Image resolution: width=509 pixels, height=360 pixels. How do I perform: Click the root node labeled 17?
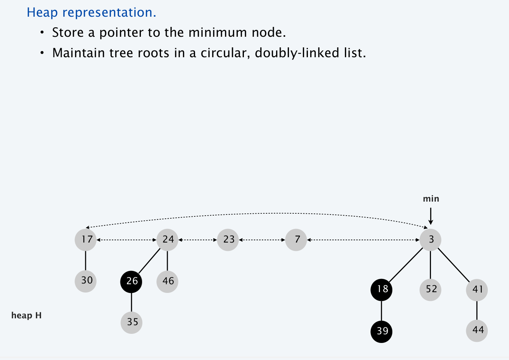[x=86, y=240]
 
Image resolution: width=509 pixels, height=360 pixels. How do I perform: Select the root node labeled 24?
[x=167, y=240]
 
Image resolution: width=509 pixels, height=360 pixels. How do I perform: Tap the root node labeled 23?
[x=228, y=240]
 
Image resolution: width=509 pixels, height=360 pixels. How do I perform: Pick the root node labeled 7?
[x=296, y=240]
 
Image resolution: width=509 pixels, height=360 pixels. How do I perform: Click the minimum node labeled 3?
[x=430, y=240]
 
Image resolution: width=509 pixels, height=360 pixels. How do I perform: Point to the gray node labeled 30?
[x=86, y=281]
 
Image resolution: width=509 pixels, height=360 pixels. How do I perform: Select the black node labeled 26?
[x=131, y=282]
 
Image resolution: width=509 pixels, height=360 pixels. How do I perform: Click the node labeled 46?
[x=167, y=282]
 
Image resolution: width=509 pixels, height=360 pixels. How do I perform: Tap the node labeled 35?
[x=131, y=323]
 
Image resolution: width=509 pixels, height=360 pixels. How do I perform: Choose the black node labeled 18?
[x=381, y=290]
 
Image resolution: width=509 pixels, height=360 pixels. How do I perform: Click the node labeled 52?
[x=430, y=290]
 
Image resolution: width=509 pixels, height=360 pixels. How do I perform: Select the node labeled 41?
[x=477, y=290]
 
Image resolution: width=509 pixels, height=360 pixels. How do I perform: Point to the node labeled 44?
[x=477, y=331]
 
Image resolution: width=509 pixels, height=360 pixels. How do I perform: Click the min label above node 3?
[x=431, y=199]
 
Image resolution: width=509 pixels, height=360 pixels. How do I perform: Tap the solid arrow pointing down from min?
[x=431, y=216]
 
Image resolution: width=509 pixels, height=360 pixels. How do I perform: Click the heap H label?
[x=27, y=315]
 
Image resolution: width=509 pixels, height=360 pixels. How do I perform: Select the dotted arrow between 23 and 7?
[x=262, y=240]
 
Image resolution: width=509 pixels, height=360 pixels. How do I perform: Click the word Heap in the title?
[x=42, y=12]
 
